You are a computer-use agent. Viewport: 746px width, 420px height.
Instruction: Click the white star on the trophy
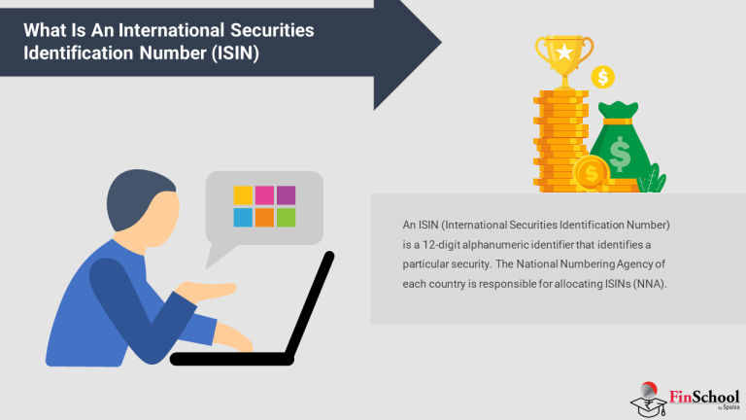(x=563, y=49)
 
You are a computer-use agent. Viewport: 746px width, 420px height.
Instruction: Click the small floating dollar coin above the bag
(x=604, y=77)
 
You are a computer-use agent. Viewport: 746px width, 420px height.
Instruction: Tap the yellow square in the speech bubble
(x=243, y=194)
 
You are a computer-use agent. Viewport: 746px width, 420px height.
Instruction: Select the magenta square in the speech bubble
(x=264, y=194)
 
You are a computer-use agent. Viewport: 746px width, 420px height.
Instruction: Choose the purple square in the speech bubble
(x=286, y=194)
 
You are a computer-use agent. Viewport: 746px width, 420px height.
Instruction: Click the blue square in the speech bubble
(x=243, y=217)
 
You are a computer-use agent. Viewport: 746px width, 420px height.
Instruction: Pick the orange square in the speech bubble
(x=264, y=217)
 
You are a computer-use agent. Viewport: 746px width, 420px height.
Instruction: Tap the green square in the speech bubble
(x=286, y=217)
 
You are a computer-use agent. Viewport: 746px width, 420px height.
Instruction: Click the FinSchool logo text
(x=704, y=396)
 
